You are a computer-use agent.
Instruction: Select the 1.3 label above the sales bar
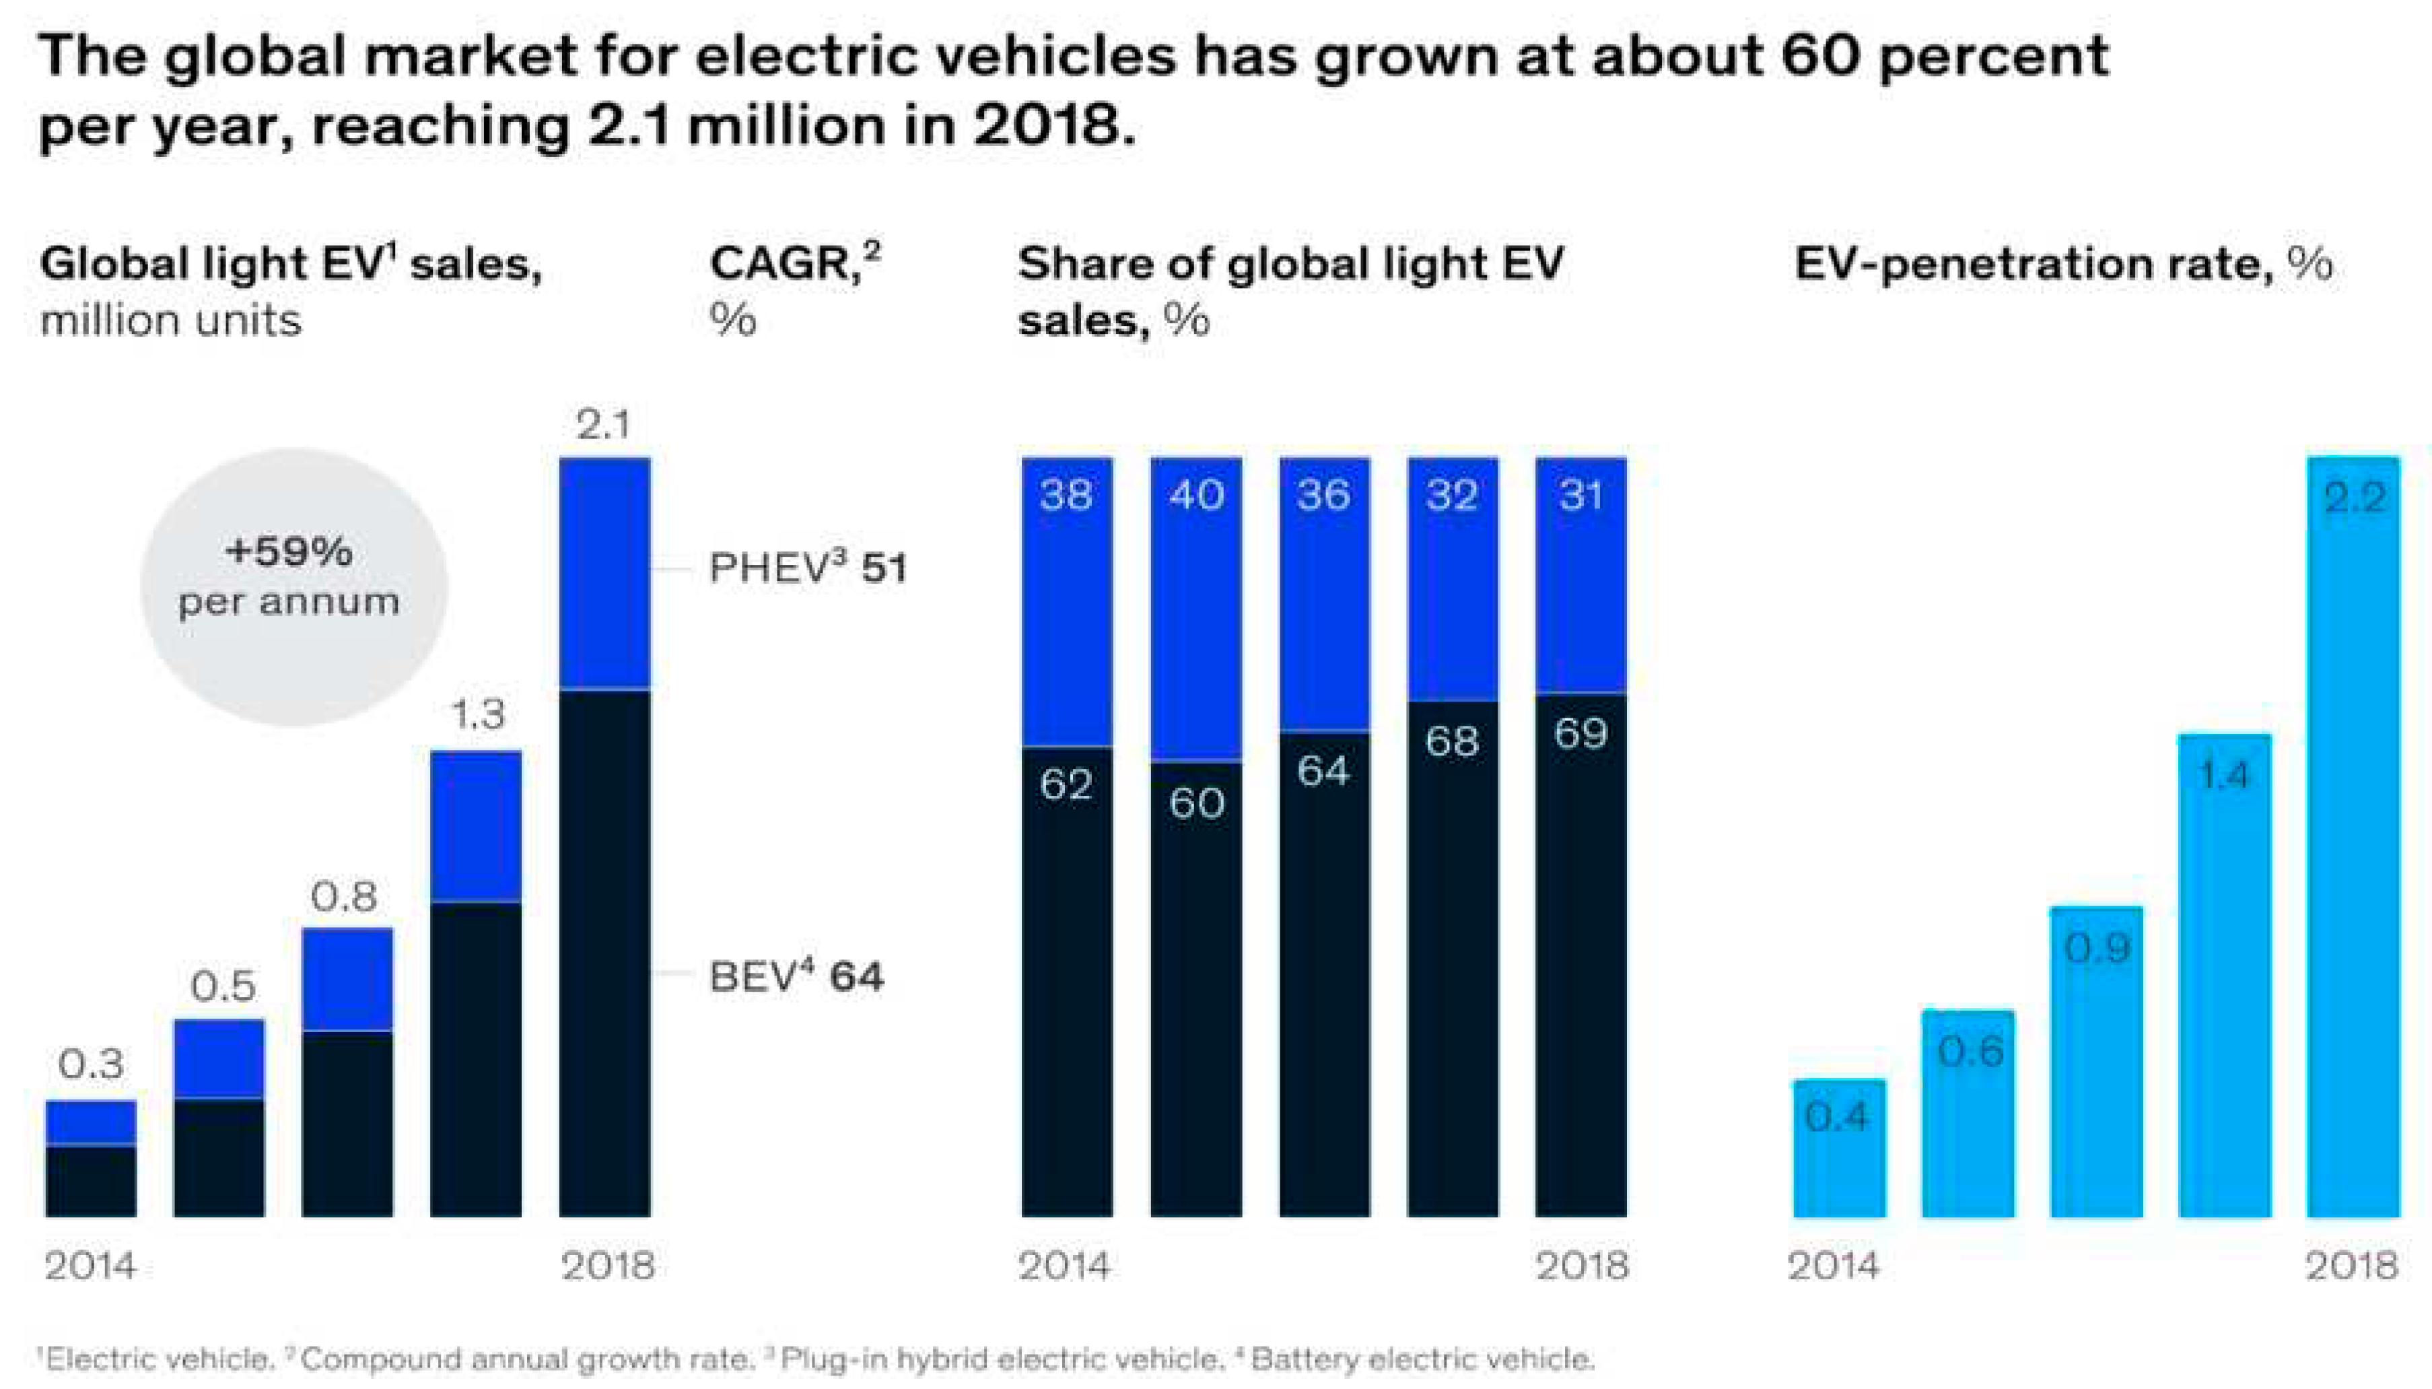[x=476, y=714]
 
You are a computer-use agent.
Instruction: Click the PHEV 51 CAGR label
[x=807, y=568]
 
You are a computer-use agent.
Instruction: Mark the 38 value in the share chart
[x=1066, y=494]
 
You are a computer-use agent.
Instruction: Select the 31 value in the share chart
[x=1580, y=494]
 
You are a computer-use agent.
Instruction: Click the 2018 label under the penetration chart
[x=2351, y=1266]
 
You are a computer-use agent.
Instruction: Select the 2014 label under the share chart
[x=1064, y=1266]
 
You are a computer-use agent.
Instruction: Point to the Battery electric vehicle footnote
[x=1421, y=1359]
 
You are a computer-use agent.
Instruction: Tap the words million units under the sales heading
[x=171, y=320]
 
